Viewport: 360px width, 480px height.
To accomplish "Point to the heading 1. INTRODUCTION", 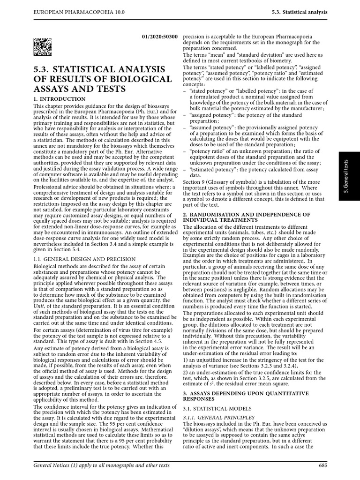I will point(59,99).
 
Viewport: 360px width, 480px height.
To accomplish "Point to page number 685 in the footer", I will point(323,465).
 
